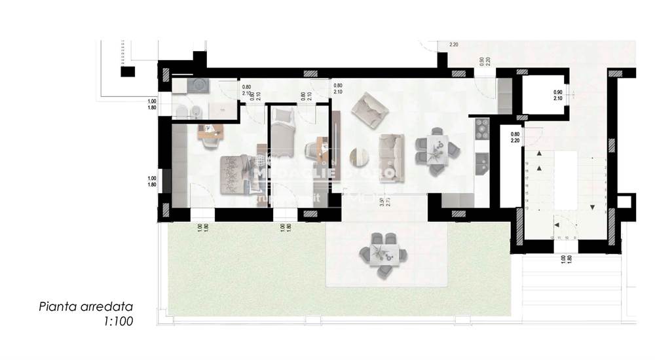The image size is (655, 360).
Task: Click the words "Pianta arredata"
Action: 86,306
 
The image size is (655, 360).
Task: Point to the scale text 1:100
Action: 119,321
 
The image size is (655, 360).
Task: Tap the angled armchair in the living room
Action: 369,109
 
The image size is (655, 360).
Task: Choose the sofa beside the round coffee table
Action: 391,158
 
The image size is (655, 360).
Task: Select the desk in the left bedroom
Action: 211,131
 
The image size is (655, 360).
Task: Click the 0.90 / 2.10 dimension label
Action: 557,96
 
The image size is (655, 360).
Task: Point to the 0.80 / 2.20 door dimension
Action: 515,137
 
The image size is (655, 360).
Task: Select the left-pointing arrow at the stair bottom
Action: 556,223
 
